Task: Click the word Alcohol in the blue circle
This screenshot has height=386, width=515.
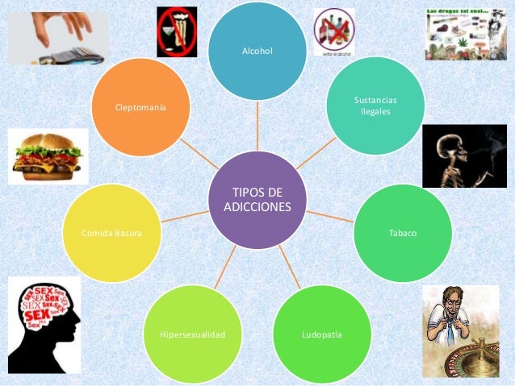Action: (257, 52)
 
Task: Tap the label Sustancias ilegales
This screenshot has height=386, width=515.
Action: (375, 106)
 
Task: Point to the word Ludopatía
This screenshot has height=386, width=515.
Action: (320, 333)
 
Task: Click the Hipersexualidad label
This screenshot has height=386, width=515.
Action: (192, 334)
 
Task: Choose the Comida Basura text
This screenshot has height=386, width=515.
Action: (112, 233)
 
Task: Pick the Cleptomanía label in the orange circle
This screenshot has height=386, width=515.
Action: (141, 106)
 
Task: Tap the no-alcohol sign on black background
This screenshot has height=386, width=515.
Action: (177, 32)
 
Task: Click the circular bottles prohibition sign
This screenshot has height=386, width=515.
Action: (333, 31)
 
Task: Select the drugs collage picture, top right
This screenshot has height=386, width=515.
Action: (466, 32)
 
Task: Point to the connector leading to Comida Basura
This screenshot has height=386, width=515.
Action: (185, 216)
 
